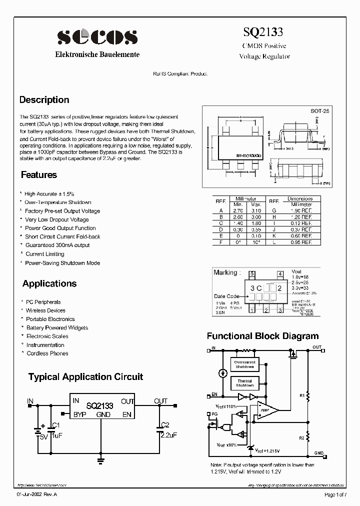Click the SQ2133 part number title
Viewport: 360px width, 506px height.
[263, 32]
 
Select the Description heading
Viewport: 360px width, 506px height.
[44, 99]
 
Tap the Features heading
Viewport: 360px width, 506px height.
[39, 175]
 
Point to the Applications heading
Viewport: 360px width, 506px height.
[49, 283]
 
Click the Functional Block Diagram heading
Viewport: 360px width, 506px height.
[262, 336]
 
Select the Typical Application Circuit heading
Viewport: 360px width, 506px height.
[85, 377]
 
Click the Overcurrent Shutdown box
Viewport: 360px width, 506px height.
[245, 364]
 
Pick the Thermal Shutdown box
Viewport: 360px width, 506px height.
[245, 383]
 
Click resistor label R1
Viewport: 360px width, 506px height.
[301, 395]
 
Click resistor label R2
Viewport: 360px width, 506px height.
[301, 438]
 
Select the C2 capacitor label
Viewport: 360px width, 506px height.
[166, 424]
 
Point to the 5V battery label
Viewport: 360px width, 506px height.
[43, 436]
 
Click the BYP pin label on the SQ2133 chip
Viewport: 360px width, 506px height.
[80, 414]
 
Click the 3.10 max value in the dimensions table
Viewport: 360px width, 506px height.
[256, 210]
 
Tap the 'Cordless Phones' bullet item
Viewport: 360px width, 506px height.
[47, 353]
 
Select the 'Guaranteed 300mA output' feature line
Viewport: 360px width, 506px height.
[57, 245]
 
